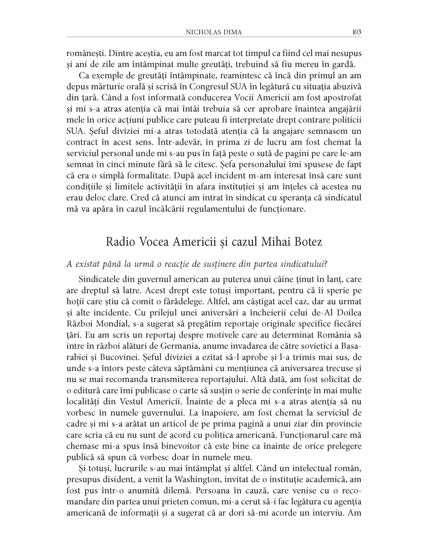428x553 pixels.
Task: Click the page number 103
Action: point(356,32)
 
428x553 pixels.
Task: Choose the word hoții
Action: point(75,301)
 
